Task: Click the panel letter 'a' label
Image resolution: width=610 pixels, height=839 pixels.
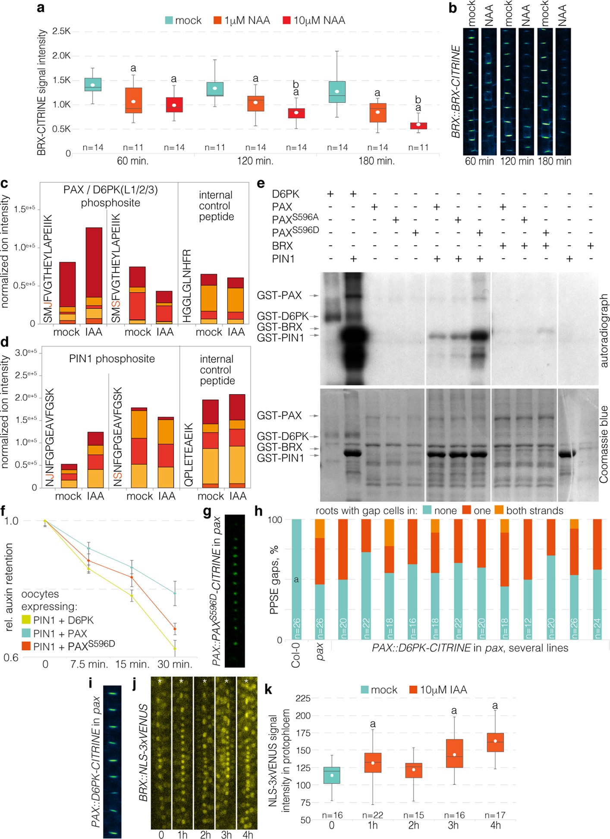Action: pos(41,7)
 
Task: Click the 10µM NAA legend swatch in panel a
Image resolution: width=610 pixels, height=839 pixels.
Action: pos(286,20)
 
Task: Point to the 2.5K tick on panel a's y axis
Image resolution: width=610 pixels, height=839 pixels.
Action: pos(61,31)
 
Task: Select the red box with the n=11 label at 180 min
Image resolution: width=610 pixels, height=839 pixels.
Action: pos(418,126)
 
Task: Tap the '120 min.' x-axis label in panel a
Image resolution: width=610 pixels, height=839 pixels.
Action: pos(255,161)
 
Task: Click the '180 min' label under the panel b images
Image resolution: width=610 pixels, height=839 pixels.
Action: pos(554,161)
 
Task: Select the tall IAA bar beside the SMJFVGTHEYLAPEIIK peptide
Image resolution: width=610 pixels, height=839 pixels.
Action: pos(94,275)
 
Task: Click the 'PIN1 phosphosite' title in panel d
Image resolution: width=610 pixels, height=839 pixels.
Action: pos(112,359)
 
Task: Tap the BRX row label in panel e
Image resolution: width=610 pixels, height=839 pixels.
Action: pos(282,246)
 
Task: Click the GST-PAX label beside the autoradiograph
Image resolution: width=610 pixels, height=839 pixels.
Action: pos(279,295)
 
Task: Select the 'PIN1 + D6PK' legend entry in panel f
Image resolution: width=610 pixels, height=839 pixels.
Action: pos(63,620)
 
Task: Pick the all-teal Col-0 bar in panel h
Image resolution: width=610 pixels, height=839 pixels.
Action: pos(296,579)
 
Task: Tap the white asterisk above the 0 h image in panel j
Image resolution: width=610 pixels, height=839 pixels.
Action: pos(160,681)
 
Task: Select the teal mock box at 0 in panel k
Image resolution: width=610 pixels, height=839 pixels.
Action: pos(331,775)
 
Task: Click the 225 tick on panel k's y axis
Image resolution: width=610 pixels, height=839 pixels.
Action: pos(303,698)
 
